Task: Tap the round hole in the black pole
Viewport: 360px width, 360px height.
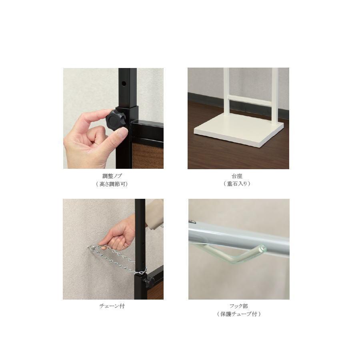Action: pos(124,83)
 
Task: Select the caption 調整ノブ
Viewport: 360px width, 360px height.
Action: pos(112,176)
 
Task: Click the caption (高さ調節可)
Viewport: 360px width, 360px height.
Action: pos(112,184)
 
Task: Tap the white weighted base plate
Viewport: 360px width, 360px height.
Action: pos(239,130)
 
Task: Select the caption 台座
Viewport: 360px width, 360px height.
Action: pos(237,176)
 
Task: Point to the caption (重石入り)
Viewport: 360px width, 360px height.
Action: pos(237,184)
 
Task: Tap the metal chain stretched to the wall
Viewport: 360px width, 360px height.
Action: pos(117,258)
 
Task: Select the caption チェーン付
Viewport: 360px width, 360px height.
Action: pos(112,306)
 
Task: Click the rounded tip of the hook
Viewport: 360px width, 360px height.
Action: pos(262,248)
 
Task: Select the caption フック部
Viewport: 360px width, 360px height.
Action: pos(239,306)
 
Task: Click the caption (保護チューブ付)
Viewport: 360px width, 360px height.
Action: pos(239,314)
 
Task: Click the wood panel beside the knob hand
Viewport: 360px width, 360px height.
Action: pos(148,156)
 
